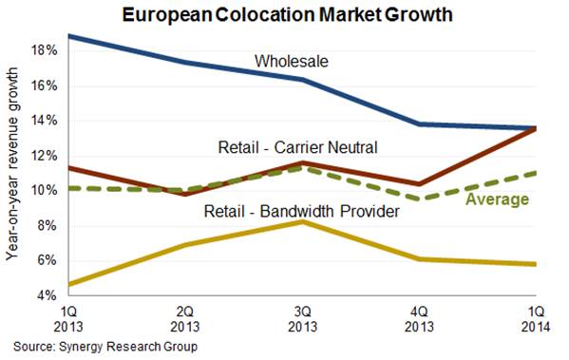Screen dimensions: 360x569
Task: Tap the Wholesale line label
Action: (x=290, y=62)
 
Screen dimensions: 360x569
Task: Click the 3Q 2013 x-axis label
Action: (x=299, y=317)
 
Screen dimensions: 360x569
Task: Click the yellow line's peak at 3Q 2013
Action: (x=299, y=221)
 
